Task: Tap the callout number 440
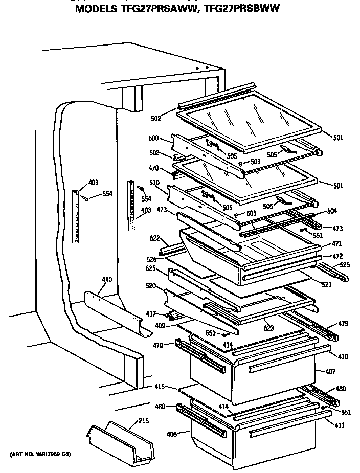(106, 280)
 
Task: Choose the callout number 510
(153, 182)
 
